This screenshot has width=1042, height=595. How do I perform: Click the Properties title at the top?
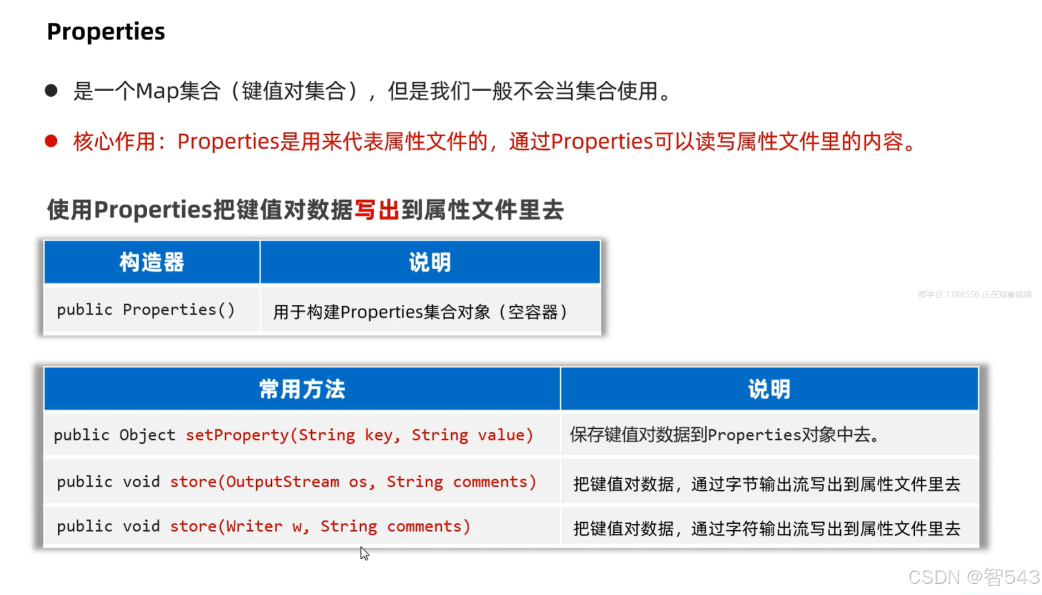106,32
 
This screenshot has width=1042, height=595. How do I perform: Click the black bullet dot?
51,91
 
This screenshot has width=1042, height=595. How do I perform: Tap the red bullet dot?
51,141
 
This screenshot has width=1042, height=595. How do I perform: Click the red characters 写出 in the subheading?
377,210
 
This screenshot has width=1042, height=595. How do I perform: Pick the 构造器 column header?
152,262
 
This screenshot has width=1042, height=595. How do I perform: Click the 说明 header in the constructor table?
430,262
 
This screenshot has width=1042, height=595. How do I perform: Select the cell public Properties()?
146,310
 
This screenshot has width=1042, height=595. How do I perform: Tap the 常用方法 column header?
302,389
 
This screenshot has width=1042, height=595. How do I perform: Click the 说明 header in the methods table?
769,389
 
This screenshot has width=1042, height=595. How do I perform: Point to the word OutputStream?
282,482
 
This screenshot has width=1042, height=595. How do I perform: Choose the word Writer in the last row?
254,526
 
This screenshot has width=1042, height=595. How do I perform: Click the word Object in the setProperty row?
147,435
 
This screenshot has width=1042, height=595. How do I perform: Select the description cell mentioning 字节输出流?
767,484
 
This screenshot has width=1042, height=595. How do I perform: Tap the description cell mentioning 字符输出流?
767,528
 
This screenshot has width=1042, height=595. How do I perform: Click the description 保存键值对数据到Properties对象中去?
725,435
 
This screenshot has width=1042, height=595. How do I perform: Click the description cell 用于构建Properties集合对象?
421,312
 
